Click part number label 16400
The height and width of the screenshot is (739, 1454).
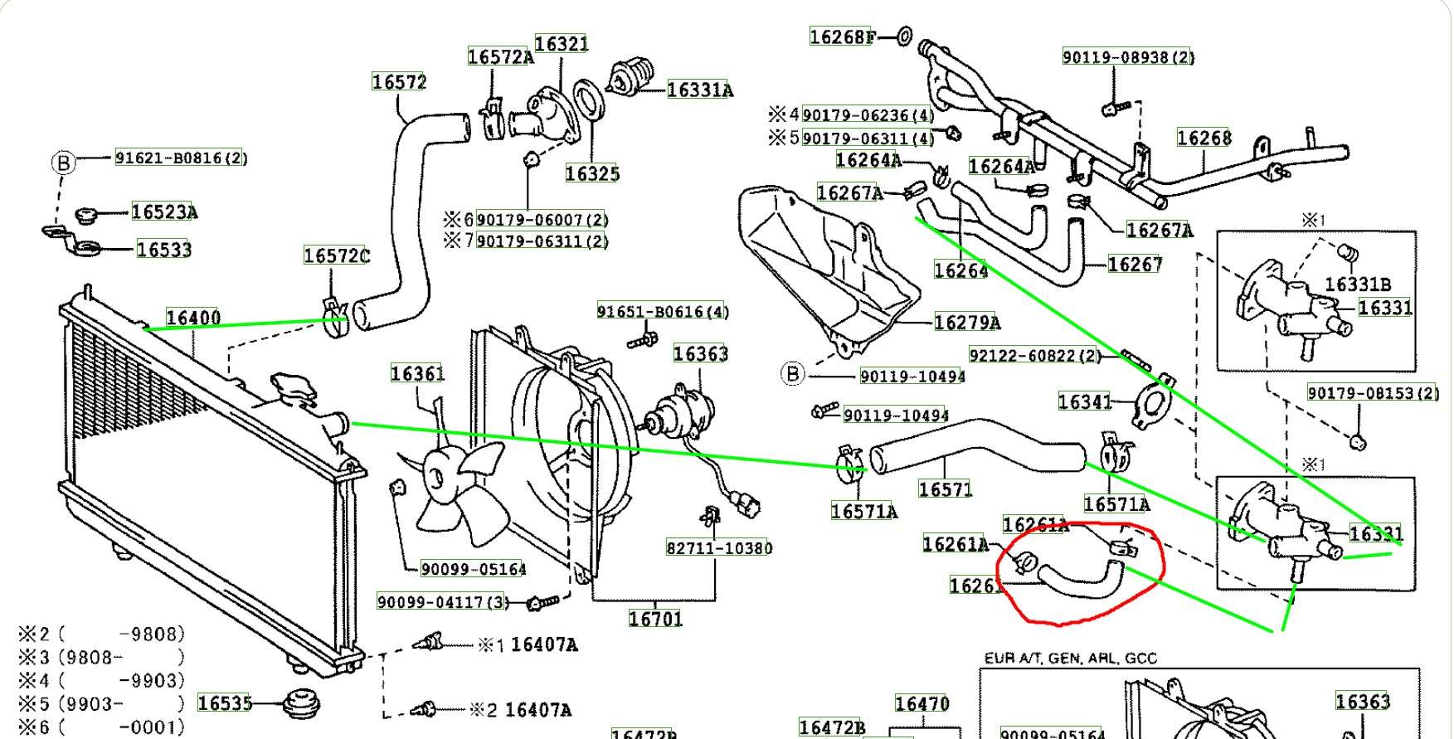[193, 318]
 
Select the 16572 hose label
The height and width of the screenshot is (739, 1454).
[399, 82]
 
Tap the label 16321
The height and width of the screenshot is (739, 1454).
[562, 44]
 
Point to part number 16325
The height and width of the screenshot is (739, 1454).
[592, 173]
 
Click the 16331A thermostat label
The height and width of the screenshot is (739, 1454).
[700, 90]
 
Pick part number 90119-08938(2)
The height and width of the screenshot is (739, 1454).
[1128, 57]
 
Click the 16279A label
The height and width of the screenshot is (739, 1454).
[967, 323]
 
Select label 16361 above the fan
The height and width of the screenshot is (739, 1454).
[418, 374]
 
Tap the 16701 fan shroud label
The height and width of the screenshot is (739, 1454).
[655, 619]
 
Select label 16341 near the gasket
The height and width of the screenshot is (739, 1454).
[1085, 402]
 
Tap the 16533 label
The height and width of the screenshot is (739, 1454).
[164, 250]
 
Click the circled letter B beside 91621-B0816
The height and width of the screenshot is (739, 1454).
[63, 163]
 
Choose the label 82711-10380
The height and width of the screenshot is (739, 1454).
[719, 548]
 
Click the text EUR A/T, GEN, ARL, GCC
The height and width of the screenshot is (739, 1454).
[1070, 659]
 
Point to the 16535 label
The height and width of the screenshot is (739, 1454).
[225, 703]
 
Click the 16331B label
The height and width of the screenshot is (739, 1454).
[1358, 284]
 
